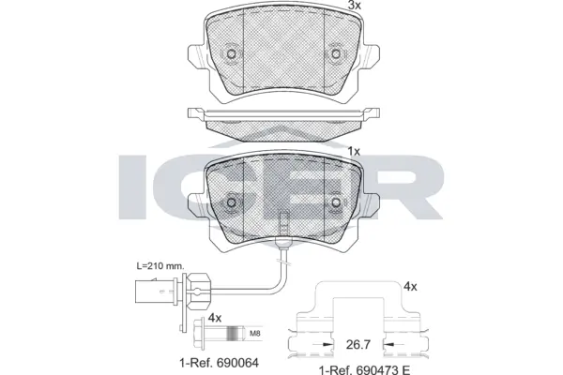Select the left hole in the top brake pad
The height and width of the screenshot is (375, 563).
pyautogui.click(x=231, y=54)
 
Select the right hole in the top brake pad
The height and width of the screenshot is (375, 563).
pyautogui.click(x=335, y=54)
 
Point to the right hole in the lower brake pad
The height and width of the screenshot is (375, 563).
pyautogui.click(x=335, y=202)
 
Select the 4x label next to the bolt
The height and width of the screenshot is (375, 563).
pyautogui.click(x=214, y=318)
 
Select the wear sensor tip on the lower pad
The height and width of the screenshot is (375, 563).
pyautogui.click(x=283, y=225)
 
